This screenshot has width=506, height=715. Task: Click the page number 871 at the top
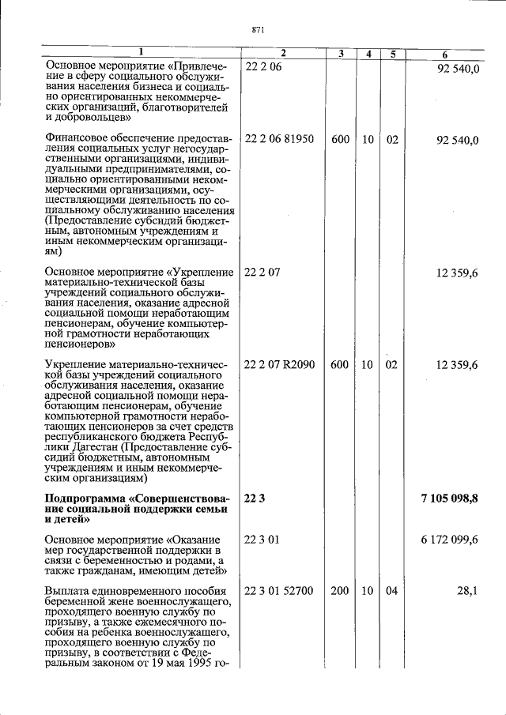(x=257, y=30)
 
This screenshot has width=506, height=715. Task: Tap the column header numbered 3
(x=340, y=54)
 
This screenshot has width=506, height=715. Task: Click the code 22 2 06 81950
(x=279, y=139)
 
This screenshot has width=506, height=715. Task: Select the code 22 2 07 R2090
(x=280, y=364)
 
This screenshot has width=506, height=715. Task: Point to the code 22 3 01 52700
(x=279, y=590)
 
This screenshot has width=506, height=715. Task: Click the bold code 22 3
(x=256, y=497)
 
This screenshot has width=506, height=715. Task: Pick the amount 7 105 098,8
(x=449, y=497)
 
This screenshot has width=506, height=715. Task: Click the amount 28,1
(x=466, y=590)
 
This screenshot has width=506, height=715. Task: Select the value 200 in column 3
(x=340, y=590)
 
